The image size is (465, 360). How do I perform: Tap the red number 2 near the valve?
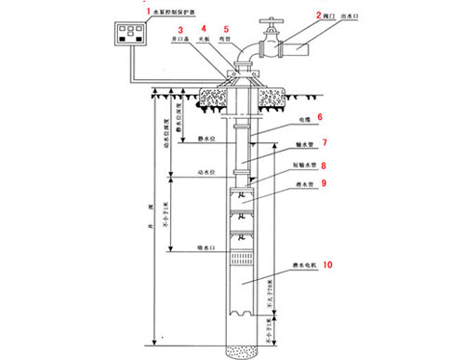tap(318, 16)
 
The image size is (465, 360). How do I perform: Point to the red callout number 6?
tap(319, 117)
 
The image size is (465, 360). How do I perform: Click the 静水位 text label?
tap(207, 137)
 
